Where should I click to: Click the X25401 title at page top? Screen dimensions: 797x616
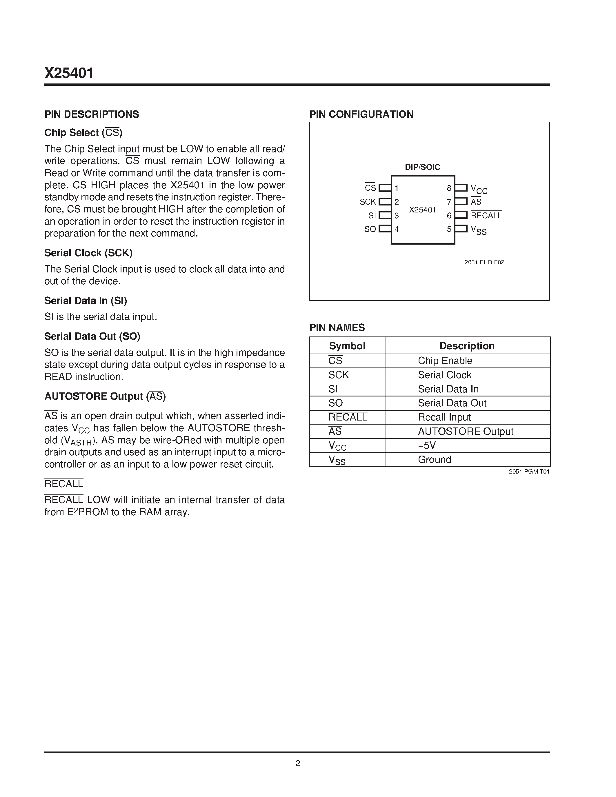(x=69, y=73)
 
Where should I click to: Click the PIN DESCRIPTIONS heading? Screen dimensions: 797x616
(x=92, y=114)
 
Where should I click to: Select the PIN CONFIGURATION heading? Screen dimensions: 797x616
(x=361, y=114)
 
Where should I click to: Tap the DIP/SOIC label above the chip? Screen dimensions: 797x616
(x=422, y=167)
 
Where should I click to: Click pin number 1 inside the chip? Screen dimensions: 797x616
(x=397, y=188)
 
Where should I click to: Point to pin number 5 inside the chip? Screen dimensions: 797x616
(x=449, y=229)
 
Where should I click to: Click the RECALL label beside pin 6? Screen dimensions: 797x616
(x=486, y=215)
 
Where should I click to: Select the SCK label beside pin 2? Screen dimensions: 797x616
(x=368, y=202)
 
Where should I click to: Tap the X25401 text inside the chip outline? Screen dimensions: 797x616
(x=422, y=210)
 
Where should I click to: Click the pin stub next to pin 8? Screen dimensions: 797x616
(x=461, y=188)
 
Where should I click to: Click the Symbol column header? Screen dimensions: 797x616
(x=347, y=345)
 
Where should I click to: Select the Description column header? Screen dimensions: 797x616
(x=467, y=345)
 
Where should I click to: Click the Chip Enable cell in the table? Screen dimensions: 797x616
(x=445, y=361)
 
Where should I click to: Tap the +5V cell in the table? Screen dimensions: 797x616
(x=427, y=445)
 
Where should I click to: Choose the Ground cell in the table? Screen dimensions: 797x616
(x=434, y=459)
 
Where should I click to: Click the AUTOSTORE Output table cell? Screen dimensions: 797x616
(x=465, y=431)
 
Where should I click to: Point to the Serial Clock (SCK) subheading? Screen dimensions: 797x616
(x=88, y=253)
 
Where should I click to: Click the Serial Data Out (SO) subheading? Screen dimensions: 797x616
(x=92, y=336)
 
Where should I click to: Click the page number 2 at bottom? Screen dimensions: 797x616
(x=297, y=763)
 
